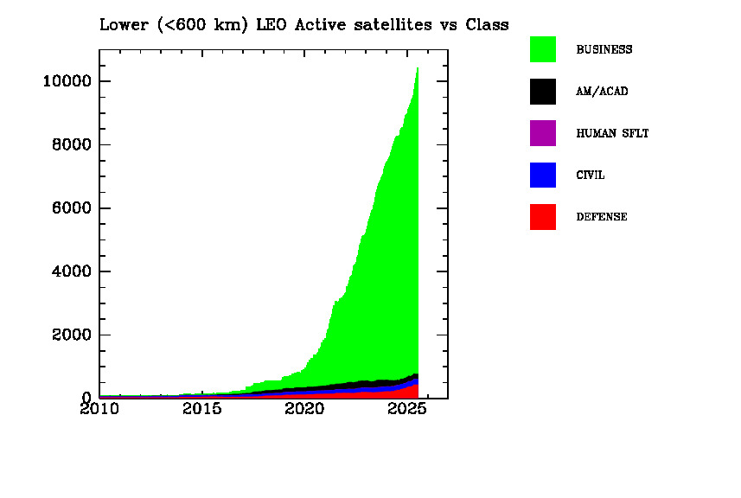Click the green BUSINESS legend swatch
[542, 49]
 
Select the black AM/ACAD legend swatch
[542, 91]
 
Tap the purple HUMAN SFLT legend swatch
[542, 133]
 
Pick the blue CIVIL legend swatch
[542, 175]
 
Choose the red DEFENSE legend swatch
[542, 217]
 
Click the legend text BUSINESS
[604, 49]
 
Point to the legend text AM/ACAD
[602, 91]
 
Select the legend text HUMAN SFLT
[612, 133]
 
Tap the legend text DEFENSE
[602, 217]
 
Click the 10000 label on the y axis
[67, 81]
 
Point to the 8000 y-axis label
[72, 144]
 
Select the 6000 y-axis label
[72, 207]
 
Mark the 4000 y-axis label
[72, 271]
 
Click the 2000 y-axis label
[72, 335]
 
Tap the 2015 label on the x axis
[201, 408]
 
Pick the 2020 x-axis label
[304, 408]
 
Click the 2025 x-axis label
[407, 408]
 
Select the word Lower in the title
[124, 24]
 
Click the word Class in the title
[487, 24]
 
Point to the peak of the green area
[418, 68]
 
